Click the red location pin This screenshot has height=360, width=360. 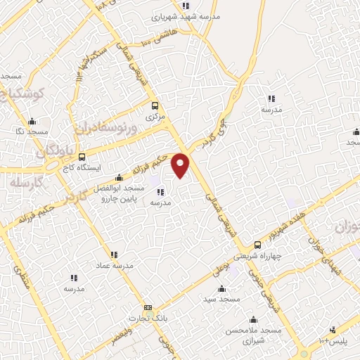pos(181,165)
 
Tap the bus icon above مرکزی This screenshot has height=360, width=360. pos(155,106)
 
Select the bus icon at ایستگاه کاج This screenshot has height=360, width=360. pos(82,157)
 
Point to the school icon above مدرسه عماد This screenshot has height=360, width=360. pos(114,254)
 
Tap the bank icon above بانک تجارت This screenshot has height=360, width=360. pos(148,307)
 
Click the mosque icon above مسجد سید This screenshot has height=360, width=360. pos(222,289)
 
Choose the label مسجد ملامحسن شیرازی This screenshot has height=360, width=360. pos(253,335)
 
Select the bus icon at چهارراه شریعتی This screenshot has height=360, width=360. pos(258,245)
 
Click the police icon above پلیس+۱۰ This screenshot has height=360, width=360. pos(333,330)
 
